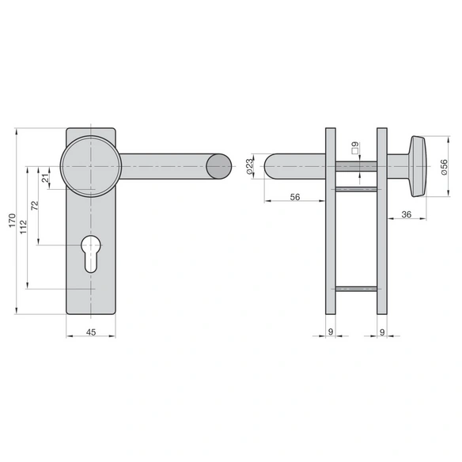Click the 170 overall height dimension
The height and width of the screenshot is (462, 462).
coord(12,221)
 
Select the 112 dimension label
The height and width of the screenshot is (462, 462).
coord(24,227)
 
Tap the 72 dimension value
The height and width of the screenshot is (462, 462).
coord(35,205)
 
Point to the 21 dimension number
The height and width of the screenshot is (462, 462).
coord(45,178)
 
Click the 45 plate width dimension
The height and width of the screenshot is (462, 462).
coord(91,332)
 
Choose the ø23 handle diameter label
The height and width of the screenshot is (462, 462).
coord(249,166)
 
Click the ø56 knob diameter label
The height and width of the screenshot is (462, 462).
coord(444,167)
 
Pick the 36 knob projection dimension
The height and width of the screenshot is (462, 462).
coord(407,214)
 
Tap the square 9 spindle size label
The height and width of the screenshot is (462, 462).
coord(356,148)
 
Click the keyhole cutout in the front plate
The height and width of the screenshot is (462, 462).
coord(91,254)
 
